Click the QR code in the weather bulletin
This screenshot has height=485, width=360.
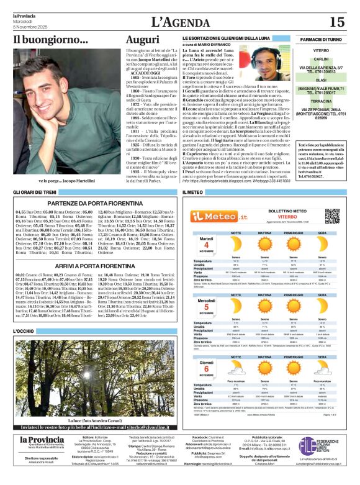(x=333, y=215)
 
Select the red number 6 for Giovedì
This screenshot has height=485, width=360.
(x=205, y=366)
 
